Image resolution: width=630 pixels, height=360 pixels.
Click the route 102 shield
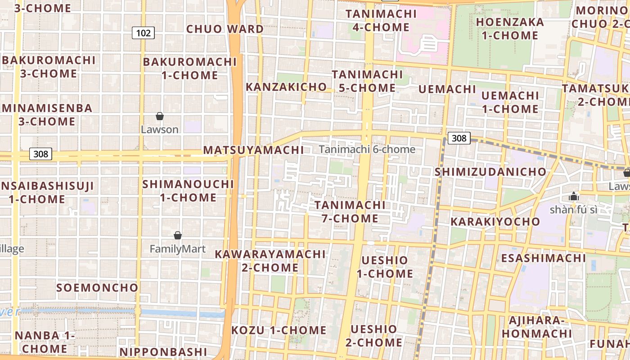pos(143,32)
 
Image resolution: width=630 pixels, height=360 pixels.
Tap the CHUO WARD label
pos(225,29)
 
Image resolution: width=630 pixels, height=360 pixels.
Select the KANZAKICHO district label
pos(286,87)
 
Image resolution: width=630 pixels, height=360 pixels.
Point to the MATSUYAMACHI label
pos(254,150)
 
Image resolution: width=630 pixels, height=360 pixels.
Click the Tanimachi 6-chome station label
pos(367,149)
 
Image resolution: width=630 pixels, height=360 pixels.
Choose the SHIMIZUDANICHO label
pos(490,172)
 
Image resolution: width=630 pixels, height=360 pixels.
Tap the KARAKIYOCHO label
pos(495,222)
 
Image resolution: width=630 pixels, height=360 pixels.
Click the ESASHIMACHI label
pos(543,258)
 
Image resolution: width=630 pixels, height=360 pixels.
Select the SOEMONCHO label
pos(97,288)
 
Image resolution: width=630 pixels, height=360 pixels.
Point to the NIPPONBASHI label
pos(162,352)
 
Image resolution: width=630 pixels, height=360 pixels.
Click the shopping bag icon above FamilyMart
pos(178,235)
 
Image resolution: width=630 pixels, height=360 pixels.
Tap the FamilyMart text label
pos(177,249)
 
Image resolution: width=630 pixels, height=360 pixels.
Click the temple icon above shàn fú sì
pos(573,196)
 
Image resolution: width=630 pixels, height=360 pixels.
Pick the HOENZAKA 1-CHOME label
pos(510,29)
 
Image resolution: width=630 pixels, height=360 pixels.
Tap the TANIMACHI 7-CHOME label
pos(350,212)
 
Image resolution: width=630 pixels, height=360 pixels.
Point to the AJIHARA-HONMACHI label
pos(536,327)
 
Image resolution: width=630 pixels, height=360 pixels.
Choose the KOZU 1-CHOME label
pos(279,330)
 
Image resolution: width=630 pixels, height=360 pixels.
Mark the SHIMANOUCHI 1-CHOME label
pos(188,191)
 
